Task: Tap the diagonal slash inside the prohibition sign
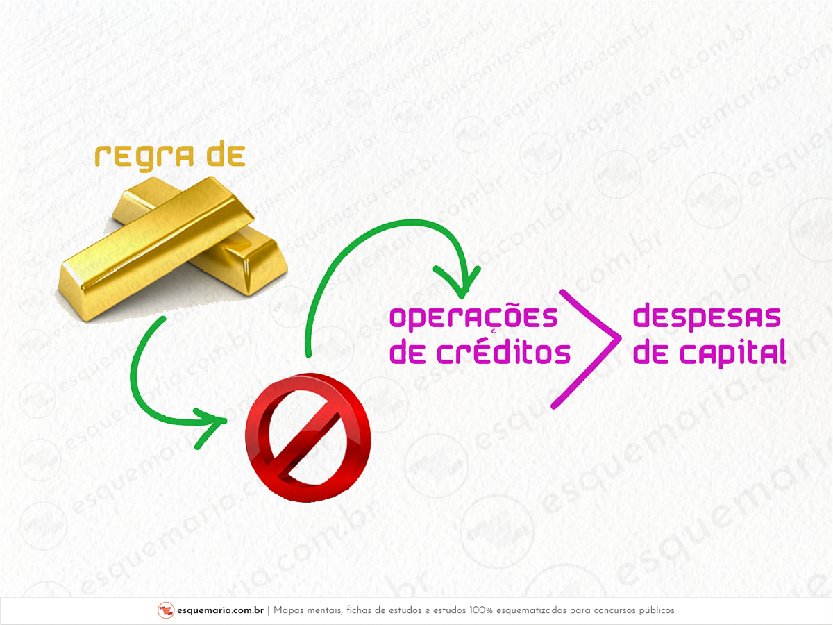[308, 437]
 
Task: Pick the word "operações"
[473, 317]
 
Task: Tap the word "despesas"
[707, 317]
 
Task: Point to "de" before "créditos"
[406, 353]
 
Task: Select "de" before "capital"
[650, 353]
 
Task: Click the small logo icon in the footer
[165, 610]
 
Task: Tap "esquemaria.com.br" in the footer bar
[219, 610]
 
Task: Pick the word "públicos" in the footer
[655, 610]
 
